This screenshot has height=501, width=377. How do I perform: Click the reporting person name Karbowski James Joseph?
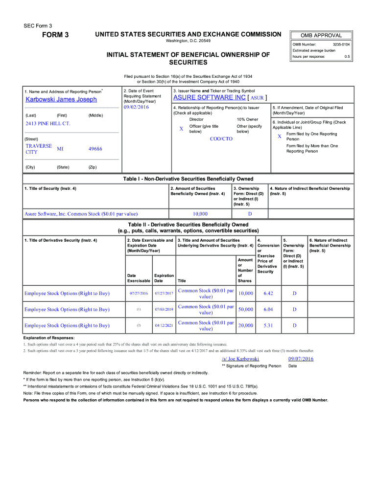click(61, 99)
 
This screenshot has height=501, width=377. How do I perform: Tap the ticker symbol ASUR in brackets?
click(257, 97)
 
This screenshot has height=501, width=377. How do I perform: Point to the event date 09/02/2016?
click(136, 107)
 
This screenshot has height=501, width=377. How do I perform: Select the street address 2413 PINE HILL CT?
click(48, 123)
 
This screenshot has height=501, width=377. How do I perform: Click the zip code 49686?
click(95, 149)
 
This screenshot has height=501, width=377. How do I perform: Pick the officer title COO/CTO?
click(221, 139)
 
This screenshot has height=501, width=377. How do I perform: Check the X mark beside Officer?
click(181, 129)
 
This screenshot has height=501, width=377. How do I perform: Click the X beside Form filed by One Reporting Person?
click(279, 137)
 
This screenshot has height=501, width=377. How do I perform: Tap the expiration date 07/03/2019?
click(164, 310)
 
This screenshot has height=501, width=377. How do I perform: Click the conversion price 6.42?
click(268, 294)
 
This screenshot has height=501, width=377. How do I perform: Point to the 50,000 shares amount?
click(245, 310)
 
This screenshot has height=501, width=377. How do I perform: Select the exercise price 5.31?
click(268, 326)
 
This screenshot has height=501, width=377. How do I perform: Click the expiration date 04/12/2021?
click(164, 326)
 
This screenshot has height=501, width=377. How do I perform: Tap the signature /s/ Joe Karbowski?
click(240, 359)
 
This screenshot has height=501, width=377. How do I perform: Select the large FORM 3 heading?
click(53, 35)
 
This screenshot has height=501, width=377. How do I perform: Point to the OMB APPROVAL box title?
click(321, 35)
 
